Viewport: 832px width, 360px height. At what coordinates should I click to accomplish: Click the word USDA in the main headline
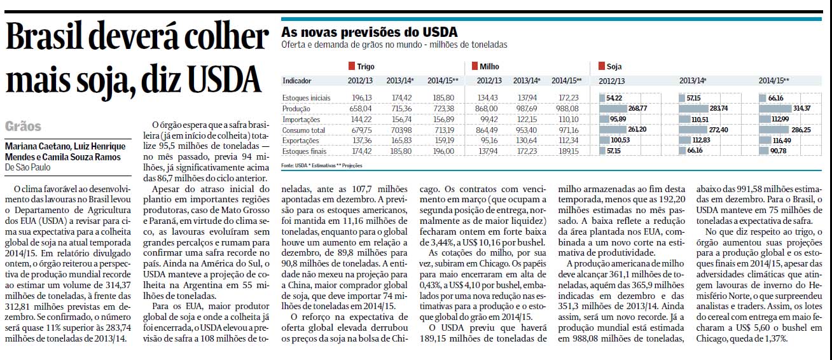pyautogui.click(x=225, y=80)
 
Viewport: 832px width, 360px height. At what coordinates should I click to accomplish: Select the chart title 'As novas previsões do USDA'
pyautogui.click(x=370, y=32)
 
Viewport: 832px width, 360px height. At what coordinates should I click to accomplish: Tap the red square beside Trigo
pyautogui.click(x=351, y=66)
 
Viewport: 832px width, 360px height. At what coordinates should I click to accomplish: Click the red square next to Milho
pyautogui.click(x=475, y=66)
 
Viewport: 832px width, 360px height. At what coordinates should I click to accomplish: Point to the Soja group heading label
pyautogui.click(x=614, y=67)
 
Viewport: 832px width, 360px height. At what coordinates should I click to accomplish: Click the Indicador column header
pyautogui.click(x=297, y=81)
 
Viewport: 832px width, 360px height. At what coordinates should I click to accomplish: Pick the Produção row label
pyautogui.click(x=296, y=109)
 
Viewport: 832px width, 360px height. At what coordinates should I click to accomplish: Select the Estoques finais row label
pyautogui.click(x=304, y=151)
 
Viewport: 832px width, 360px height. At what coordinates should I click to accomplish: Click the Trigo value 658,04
pyautogui.click(x=360, y=109)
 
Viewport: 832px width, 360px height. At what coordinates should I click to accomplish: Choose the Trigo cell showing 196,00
pyautogui.click(x=443, y=151)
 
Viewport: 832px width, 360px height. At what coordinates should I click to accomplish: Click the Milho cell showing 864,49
pyautogui.click(x=487, y=130)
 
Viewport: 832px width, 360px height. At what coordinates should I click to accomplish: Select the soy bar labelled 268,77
pyautogui.click(x=613, y=109)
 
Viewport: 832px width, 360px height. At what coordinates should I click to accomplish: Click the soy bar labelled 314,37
pyautogui.click(x=775, y=109)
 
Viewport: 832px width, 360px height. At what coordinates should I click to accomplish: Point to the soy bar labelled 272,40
pyautogui.click(x=693, y=130)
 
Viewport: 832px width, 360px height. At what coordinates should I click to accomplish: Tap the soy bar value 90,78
pyautogui.click(x=778, y=151)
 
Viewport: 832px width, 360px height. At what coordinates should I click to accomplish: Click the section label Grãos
pyautogui.click(x=23, y=127)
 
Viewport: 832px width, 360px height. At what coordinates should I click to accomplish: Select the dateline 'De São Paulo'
pyautogui.click(x=28, y=167)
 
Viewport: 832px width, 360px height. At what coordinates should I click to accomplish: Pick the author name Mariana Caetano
pyautogui.click(x=37, y=146)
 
